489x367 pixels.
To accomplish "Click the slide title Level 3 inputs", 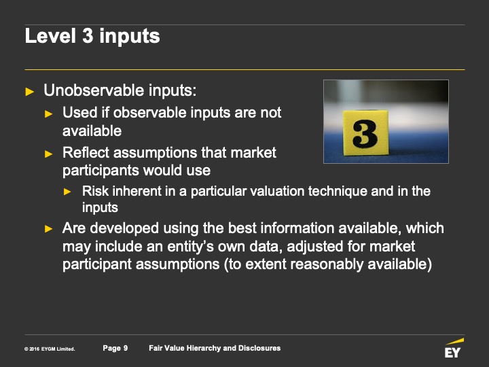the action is pyautogui.click(x=92, y=36).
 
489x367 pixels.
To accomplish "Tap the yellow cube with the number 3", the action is pyautogui.click(x=365, y=133).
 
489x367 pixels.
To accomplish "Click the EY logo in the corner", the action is pyautogui.click(x=454, y=348).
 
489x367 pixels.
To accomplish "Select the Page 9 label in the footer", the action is pyautogui.click(x=115, y=348).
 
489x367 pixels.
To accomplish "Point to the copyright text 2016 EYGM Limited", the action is pyautogui.click(x=50, y=349).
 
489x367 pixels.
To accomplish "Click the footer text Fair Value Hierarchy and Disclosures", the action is pyautogui.click(x=215, y=348).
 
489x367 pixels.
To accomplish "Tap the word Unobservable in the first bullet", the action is pyautogui.click(x=94, y=90).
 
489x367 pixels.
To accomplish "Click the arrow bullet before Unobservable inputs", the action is pyautogui.click(x=30, y=92).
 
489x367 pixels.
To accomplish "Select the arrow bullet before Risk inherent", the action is pyautogui.click(x=67, y=192).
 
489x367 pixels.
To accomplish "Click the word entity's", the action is pyautogui.click(x=191, y=246).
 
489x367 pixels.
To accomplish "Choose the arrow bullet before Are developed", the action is pyautogui.click(x=49, y=229).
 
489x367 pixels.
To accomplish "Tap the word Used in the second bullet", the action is pyautogui.click(x=80, y=112).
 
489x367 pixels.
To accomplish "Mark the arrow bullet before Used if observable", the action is pyautogui.click(x=49, y=113).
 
